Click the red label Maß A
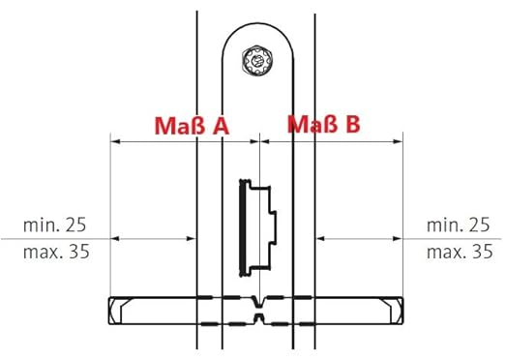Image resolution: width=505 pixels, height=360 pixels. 192,126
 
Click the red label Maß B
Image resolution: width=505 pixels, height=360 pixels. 324,124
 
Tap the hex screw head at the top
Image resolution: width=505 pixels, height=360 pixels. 257,60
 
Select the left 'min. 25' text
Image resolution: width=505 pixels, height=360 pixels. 55,225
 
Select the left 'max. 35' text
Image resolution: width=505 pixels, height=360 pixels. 56,252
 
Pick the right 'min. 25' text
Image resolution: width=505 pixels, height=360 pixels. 459,225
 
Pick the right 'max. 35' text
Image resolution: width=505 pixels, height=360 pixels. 460,252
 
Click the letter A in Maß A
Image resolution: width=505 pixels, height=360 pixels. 221,126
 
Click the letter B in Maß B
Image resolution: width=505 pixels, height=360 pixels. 353,124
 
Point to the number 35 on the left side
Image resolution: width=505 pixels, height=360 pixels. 79,252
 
